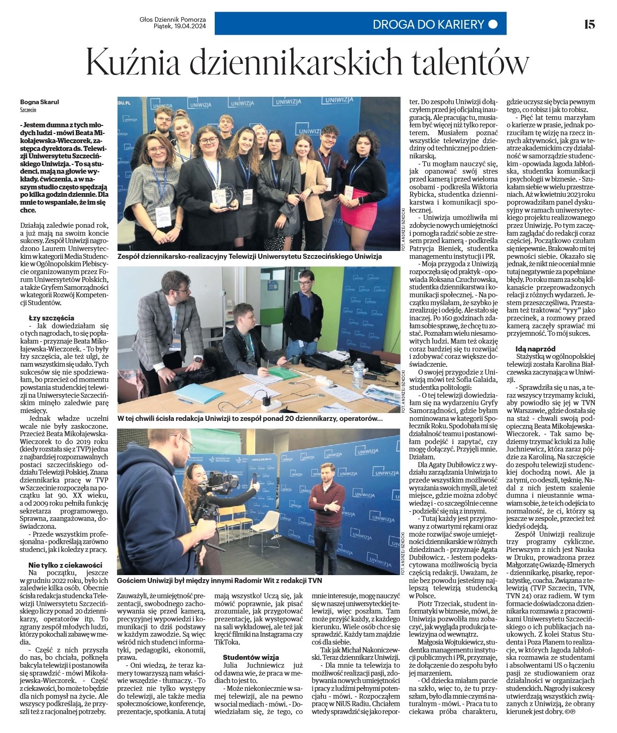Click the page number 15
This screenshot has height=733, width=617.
pyautogui.click(x=589, y=24)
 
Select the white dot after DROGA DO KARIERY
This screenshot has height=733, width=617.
pyautogui.click(x=493, y=24)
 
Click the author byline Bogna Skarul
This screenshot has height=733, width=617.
pyautogui.click(x=40, y=102)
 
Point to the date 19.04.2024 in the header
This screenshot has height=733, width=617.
pyautogui.click(x=190, y=26)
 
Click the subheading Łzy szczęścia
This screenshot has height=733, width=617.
pyautogui.click(x=51, y=318)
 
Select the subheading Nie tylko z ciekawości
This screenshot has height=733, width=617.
pyautogui.click(x=65, y=565)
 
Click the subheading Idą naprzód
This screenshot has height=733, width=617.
pyautogui.click(x=536, y=349)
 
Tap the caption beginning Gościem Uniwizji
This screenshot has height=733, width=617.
pyautogui.click(x=219, y=581)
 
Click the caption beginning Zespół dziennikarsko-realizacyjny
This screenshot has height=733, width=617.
pyautogui.click(x=250, y=256)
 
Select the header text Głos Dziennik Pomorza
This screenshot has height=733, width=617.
pyautogui.click(x=173, y=20)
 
